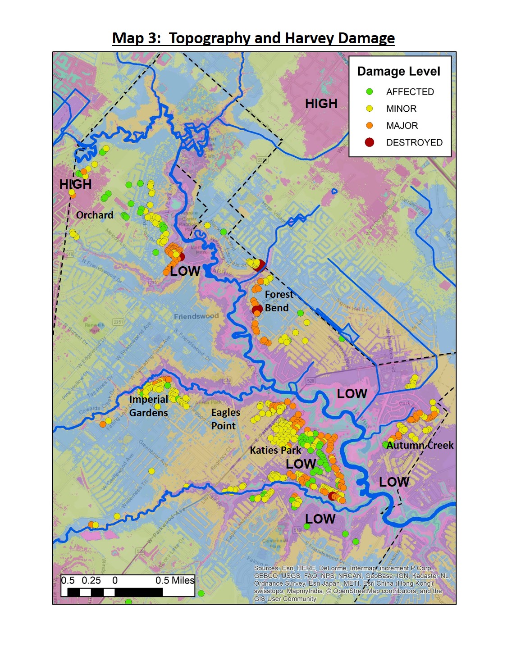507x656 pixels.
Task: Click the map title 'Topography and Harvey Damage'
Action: tap(253, 38)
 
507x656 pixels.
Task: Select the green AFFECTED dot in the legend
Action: tap(370, 91)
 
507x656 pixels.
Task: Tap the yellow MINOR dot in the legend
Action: tap(370, 109)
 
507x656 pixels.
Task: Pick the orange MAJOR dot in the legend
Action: tap(370, 125)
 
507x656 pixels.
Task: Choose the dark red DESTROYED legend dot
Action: tap(370, 142)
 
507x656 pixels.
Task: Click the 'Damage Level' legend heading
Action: tap(398, 72)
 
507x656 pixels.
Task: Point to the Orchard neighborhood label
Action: tap(95, 215)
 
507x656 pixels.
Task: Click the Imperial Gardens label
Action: tap(148, 406)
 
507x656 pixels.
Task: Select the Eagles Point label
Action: tap(225, 419)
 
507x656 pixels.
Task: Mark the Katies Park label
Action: tap(275, 450)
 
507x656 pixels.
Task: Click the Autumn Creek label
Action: tap(420, 445)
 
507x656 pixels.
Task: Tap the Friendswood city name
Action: tap(196, 316)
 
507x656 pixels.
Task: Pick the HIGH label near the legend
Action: tap(321, 104)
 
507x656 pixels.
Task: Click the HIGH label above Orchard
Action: tap(75, 184)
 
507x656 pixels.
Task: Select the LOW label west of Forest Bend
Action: tap(185, 271)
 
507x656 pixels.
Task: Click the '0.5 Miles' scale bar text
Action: tap(175, 580)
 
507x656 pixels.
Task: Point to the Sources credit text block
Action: tap(352, 583)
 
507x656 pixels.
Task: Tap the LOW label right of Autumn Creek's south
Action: tap(394, 482)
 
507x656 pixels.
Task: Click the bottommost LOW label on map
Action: tap(320, 519)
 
